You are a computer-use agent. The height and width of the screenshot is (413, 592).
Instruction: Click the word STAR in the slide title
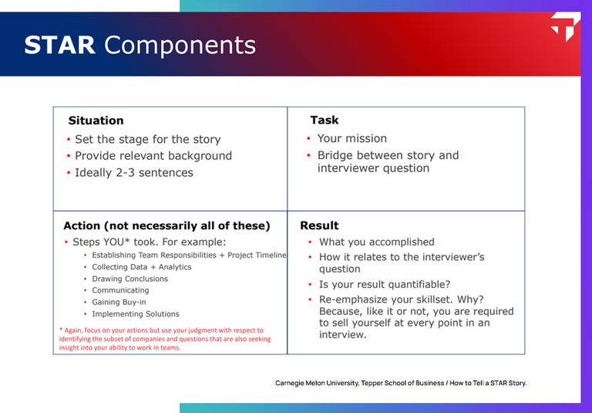coord(59,45)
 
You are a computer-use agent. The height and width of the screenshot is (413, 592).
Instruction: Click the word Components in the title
coord(180,45)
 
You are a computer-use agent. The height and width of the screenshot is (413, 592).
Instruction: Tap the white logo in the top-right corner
coord(565,27)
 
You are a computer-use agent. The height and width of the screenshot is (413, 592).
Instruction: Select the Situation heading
coord(96,120)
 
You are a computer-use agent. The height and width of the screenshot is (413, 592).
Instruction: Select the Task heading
coord(324,120)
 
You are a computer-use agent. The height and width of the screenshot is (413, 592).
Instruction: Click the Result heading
coord(319,225)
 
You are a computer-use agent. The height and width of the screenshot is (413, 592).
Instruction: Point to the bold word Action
coord(82,225)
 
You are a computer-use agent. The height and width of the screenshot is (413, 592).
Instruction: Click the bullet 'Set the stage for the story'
coord(147,139)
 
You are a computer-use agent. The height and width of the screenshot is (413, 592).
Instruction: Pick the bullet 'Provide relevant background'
coord(153,155)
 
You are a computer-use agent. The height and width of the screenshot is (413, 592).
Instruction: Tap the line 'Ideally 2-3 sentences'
coord(133,172)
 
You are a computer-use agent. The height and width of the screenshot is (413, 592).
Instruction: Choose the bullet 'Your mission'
coord(351,138)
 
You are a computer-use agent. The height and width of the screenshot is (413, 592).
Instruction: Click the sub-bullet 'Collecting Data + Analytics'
coord(141,267)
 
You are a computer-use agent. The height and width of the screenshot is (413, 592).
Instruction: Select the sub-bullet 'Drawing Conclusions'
coord(129,279)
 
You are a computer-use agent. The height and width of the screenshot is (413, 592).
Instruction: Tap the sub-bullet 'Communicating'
coord(120,290)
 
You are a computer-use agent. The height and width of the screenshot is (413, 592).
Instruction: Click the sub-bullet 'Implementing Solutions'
coord(135,314)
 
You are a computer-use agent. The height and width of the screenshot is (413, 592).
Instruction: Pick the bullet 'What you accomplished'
coord(376,242)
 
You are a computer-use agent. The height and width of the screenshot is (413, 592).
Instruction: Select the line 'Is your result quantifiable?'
coord(385,284)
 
